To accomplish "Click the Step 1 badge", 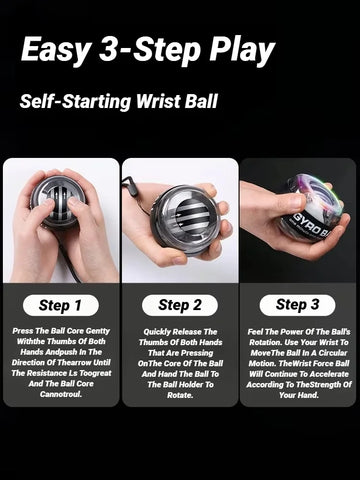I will tap(61, 305).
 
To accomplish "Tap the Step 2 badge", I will tap(179, 305).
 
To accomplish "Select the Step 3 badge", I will tap(297, 305).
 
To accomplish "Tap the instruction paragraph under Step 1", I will tap(61, 361).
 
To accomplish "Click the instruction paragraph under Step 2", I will tap(179, 362).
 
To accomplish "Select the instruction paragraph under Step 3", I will tap(297, 362).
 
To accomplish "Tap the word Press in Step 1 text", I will tap(23, 330).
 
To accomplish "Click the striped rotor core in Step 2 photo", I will tap(187, 218).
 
